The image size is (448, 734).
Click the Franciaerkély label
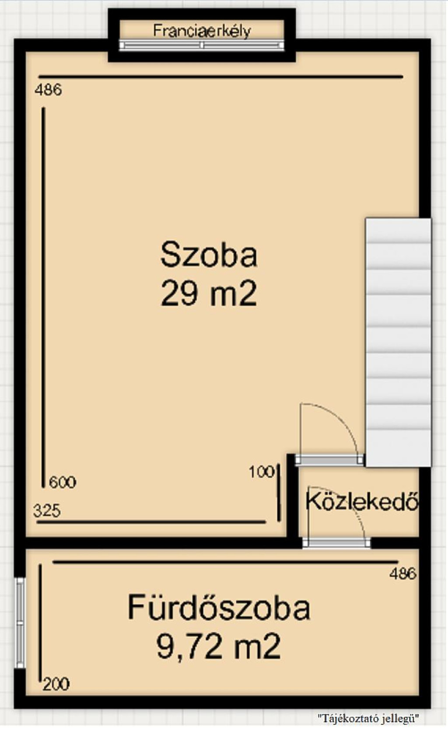pos(202,31)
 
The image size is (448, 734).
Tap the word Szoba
pos(209,254)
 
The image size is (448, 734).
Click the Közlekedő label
pos(362,501)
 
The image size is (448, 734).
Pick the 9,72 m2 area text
pos(219,646)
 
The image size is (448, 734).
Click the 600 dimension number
pos(62,482)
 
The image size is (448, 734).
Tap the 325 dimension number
pos(47,511)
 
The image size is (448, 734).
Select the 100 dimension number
pos(261,472)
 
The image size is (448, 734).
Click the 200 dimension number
pos(56,685)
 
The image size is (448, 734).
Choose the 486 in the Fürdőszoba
pos(403,573)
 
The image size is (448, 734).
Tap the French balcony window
pos(201,45)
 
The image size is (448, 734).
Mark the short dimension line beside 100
pos(279,492)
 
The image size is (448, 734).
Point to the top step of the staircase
pos(398,231)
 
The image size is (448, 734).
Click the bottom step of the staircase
pos(398,448)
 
